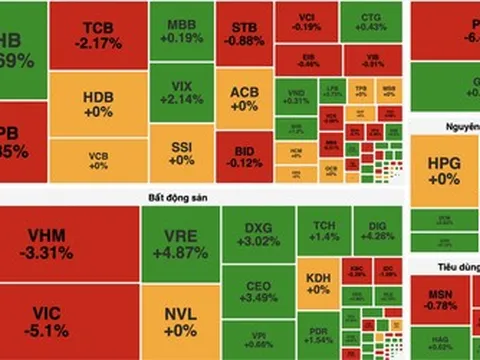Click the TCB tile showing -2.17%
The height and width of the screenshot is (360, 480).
tap(98, 35)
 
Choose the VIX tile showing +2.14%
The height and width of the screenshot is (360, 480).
tap(181, 93)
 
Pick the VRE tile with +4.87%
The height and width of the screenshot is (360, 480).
tap(181, 243)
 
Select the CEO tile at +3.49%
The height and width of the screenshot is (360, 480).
tap(258, 291)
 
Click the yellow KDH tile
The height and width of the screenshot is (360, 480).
tap(319, 281)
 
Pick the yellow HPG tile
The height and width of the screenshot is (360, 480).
tap(443, 171)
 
